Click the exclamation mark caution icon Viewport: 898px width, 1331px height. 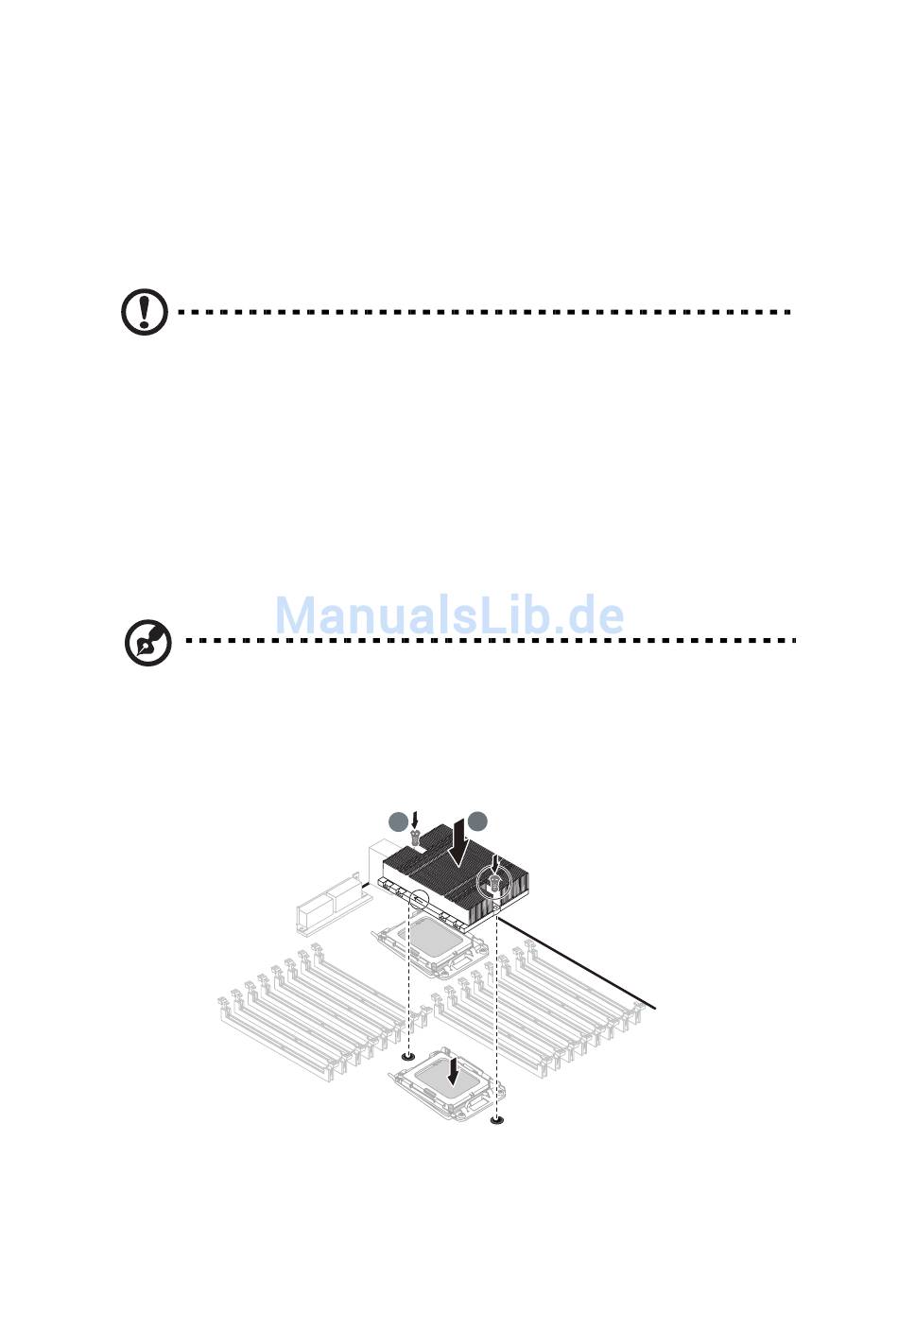point(145,311)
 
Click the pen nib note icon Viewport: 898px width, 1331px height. point(148,642)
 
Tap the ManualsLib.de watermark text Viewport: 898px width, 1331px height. point(450,614)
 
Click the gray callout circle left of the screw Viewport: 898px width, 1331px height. point(398,821)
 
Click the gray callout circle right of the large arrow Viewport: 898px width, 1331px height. point(477,821)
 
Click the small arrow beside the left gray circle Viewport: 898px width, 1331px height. point(415,821)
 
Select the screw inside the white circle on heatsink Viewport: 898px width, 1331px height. point(492,887)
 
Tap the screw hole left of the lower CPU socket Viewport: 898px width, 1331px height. point(407,1056)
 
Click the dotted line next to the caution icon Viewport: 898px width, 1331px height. point(485,311)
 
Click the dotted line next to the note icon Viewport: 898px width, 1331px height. point(491,641)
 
